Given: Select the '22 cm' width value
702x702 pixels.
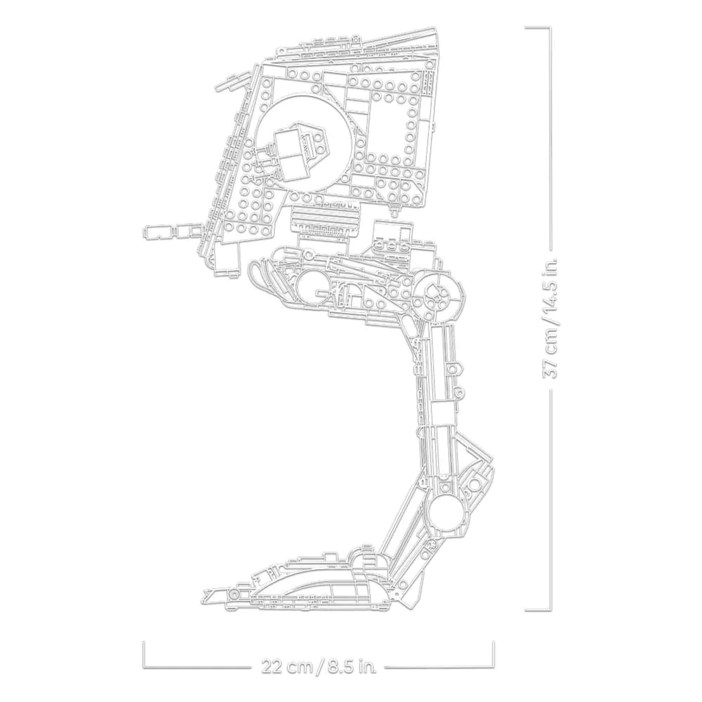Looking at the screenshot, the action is [x=287, y=667].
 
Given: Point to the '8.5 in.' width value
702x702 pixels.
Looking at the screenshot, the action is [x=352, y=667].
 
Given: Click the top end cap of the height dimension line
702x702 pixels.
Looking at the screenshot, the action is [x=537, y=27].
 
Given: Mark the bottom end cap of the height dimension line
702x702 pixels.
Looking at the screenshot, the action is [x=537, y=610].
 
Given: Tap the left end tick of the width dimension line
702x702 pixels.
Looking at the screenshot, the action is [x=144, y=655].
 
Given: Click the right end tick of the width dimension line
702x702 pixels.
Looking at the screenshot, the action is [x=493, y=655].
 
